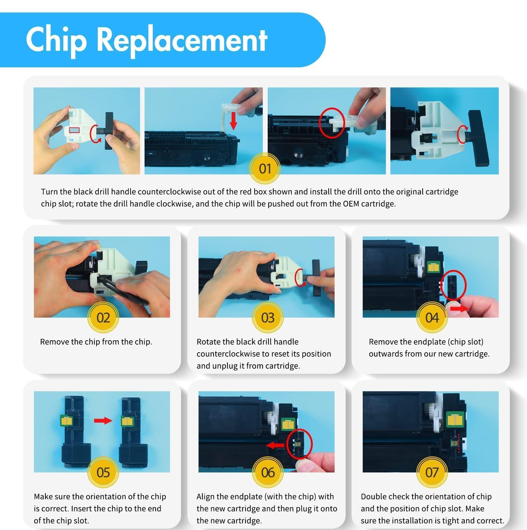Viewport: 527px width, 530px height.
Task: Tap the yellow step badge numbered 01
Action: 265,168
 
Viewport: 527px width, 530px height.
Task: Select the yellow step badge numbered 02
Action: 103,318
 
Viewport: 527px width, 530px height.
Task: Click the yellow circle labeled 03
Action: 268,318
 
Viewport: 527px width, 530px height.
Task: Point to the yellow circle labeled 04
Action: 432,318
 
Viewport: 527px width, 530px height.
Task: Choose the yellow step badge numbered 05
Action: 103,472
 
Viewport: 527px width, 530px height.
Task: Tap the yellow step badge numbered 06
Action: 268,472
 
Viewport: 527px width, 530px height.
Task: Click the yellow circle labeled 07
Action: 432,472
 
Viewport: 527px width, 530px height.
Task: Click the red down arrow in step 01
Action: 234,121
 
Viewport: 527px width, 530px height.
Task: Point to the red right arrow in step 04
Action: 459,308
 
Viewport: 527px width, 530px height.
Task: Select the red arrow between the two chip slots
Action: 103,421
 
